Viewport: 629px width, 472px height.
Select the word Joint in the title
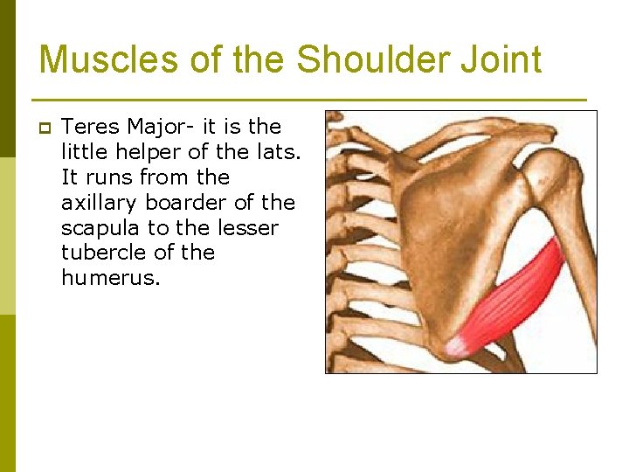pyautogui.click(x=507, y=60)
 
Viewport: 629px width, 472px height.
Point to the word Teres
pyautogui.click(x=89, y=127)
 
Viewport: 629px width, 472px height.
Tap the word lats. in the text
pyautogui.click(x=276, y=152)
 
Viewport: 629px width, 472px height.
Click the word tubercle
pyautogui.click(x=100, y=253)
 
